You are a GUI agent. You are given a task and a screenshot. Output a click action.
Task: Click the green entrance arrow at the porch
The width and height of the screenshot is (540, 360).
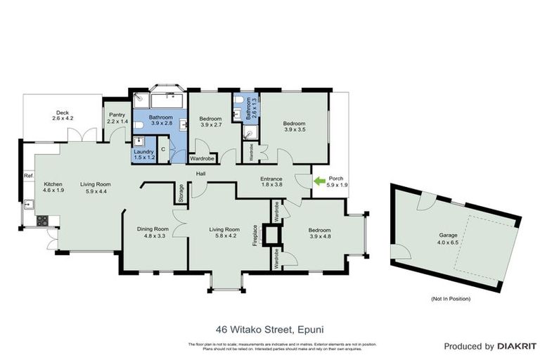pos(319,181)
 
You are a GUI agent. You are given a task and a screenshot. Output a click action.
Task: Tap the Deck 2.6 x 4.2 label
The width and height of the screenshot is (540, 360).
pos(63,115)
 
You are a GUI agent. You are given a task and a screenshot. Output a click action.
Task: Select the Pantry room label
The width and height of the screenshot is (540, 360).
pos(116,118)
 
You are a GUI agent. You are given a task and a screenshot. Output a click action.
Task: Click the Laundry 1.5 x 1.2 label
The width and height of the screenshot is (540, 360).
pos(143,155)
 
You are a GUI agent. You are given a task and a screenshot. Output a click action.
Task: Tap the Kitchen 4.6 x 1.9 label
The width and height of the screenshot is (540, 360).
pos(53,186)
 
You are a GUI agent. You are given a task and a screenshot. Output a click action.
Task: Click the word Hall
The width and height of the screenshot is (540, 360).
pos(200,174)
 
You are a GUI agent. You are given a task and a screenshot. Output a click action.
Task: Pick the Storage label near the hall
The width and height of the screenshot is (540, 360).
pos(181,193)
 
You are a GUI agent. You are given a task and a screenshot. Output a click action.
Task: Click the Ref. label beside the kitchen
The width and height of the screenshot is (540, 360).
pos(29,176)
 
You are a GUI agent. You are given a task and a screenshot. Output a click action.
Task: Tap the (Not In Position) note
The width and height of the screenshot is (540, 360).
pos(451,299)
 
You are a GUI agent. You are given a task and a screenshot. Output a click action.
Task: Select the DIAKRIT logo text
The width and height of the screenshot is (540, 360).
pos(517,347)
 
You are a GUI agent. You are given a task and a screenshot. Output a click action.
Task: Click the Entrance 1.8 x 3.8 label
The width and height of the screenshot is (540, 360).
pos(271,182)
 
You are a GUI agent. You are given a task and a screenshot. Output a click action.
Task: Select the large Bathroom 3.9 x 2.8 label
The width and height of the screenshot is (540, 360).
pos(160,119)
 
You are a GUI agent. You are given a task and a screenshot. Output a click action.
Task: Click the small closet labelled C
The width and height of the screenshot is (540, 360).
pos(162,149)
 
